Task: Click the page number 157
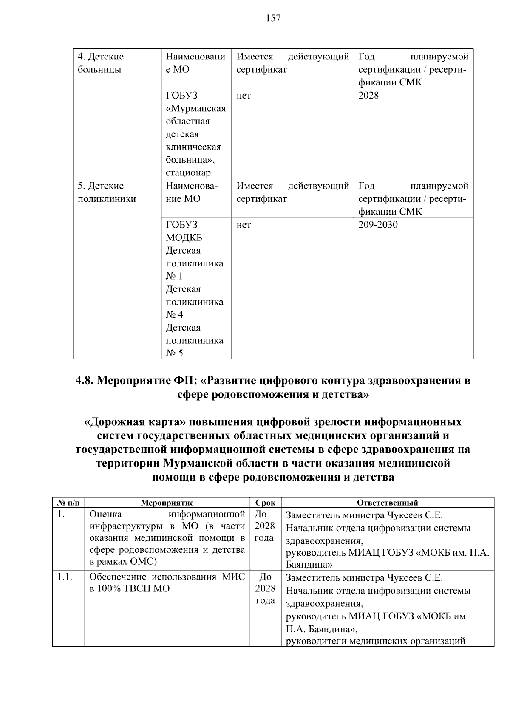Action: [x=273, y=18]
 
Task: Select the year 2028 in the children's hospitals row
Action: [x=368, y=96]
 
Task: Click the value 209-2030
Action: [x=378, y=225]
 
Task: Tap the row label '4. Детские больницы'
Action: [x=101, y=63]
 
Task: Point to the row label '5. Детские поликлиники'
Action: [x=106, y=192]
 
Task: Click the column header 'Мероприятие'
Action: [x=167, y=503]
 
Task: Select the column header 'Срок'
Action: [x=265, y=503]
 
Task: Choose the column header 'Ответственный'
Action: [x=387, y=503]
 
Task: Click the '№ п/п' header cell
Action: [x=68, y=503]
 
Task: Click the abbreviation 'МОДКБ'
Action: [x=184, y=238]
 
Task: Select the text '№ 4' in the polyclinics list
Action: [x=174, y=315]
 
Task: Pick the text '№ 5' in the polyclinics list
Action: [x=174, y=353]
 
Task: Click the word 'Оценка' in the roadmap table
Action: [x=105, y=515]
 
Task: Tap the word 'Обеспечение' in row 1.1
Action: [x=115, y=577]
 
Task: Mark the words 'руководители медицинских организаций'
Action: [x=376, y=641]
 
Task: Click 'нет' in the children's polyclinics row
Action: [x=244, y=225]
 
